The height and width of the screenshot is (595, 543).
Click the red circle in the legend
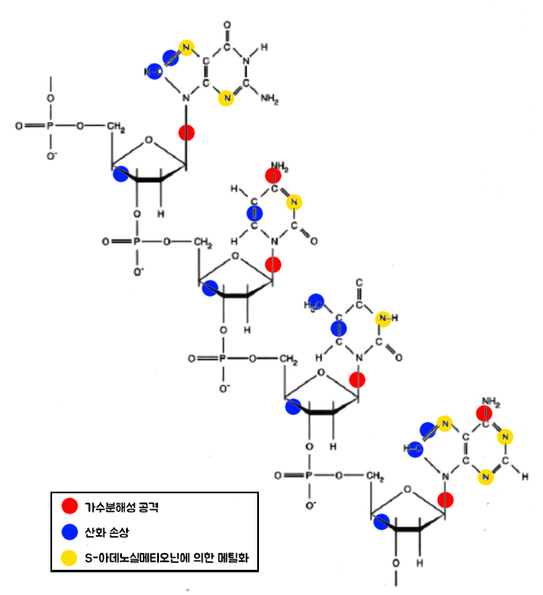tap(71, 508)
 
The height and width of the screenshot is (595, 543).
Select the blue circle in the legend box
tap(71, 532)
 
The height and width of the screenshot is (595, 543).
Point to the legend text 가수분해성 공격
tap(121, 508)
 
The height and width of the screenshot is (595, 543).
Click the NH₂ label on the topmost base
tap(270, 99)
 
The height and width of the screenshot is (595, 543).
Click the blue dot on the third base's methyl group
tap(315, 301)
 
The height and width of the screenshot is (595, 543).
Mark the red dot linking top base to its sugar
tap(187, 132)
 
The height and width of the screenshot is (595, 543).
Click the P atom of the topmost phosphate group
tap(50, 126)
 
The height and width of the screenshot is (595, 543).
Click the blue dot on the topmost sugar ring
tap(121, 174)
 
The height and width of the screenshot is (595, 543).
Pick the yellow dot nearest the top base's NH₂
tap(226, 98)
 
